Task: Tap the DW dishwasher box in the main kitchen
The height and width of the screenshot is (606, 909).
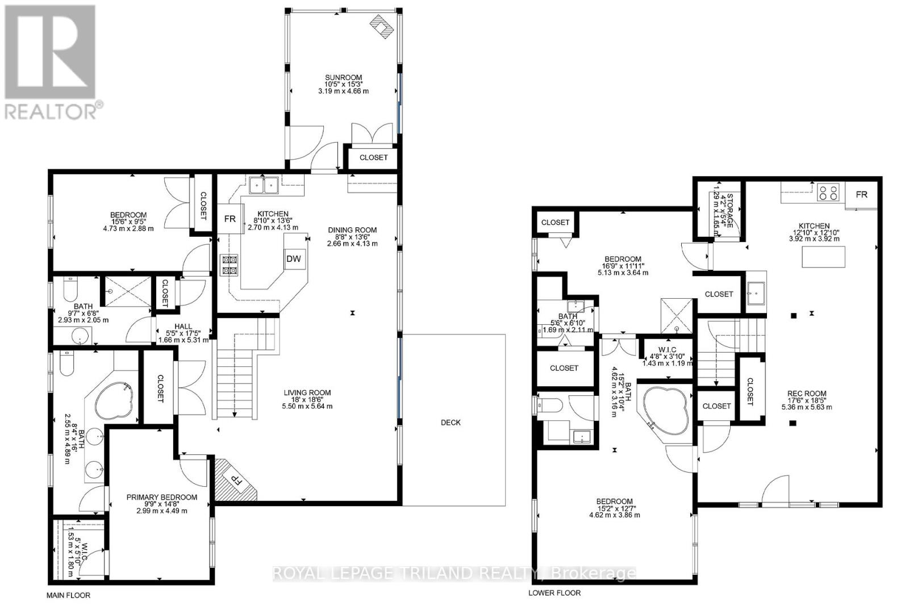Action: coord(293,260)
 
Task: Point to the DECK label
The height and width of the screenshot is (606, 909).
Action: coord(451,423)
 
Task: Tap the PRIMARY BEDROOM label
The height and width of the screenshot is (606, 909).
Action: coord(162,497)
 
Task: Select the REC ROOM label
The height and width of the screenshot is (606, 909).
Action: coord(807,394)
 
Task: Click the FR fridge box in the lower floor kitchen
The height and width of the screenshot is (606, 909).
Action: coord(862,195)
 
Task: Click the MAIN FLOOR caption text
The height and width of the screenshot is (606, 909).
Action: coord(68,595)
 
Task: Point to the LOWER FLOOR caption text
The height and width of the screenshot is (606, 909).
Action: coord(554,592)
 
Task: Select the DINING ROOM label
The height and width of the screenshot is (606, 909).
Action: coord(352,230)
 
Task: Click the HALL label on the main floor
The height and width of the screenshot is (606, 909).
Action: coord(183,327)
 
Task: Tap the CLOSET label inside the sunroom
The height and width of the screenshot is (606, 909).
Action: coord(373,157)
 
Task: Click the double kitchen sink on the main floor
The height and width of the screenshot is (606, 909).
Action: coord(264,185)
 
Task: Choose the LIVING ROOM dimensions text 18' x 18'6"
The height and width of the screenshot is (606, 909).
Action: coord(307,399)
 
